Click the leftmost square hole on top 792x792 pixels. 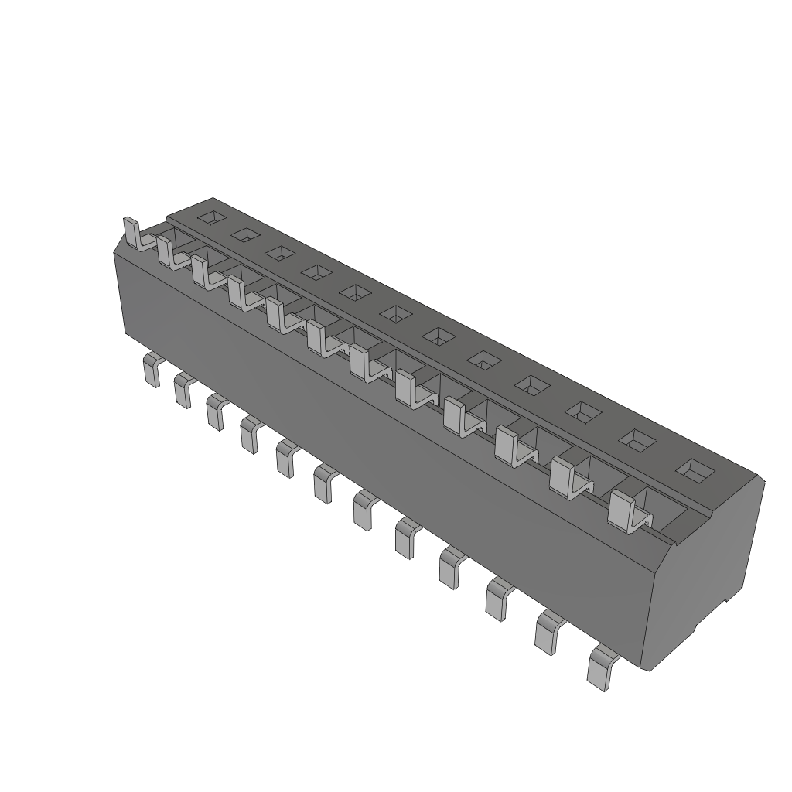point(211,218)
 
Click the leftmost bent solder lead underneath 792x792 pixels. point(150,370)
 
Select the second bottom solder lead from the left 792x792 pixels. point(183,389)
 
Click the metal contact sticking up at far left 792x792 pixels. point(131,232)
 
